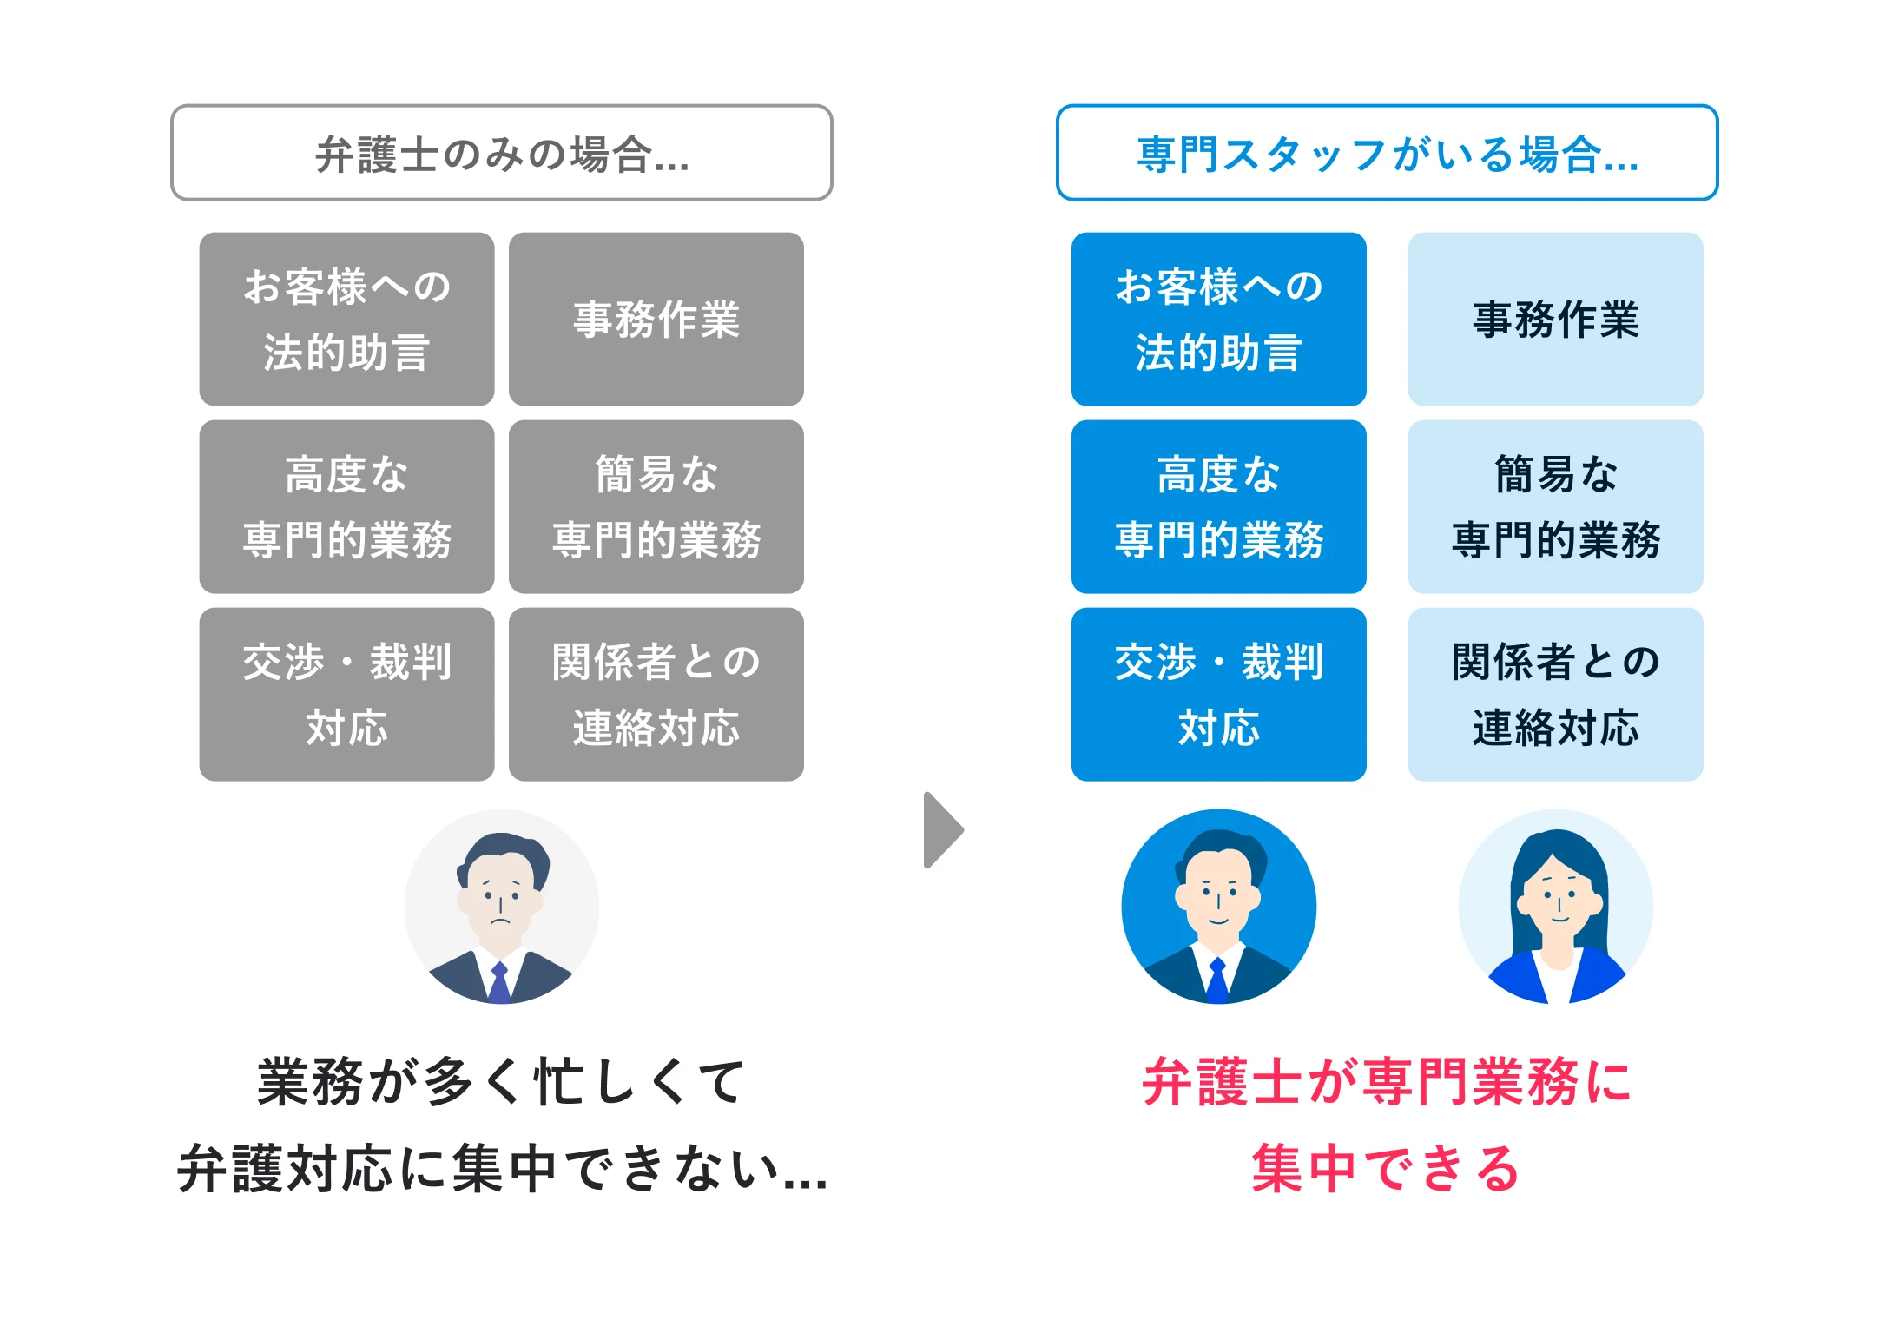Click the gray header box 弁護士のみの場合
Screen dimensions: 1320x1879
[x=502, y=153]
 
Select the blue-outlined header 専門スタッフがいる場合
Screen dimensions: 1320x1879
[x=1387, y=153]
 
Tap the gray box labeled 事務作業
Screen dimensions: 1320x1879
[x=656, y=319]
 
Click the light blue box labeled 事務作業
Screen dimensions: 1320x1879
[x=1555, y=319]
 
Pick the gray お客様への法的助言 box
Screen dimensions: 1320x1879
[x=346, y=319]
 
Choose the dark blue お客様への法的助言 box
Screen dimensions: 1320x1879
[x=1218, y=319]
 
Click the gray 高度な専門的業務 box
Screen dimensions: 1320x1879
[x=346, y=506]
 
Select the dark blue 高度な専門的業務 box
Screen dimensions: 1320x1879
[x=1218, y=506]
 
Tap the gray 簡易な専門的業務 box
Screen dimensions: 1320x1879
[x=656, y=506]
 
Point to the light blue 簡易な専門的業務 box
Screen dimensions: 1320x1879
[x=1555, y=506]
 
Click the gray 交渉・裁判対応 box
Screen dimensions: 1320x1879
[x=346, y=694]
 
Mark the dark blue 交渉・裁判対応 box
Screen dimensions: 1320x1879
[x=1218, y=694]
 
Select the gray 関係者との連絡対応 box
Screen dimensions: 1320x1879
[x=656, y=694]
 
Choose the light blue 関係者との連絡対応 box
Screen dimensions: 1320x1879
[x=1555, y=694]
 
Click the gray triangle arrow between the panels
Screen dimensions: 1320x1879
[x=942, y=829]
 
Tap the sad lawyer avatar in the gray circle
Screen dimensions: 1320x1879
[x=502, y=907]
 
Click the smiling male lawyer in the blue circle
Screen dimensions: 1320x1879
[x=1218, y=907]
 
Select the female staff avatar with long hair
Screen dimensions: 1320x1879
[x=1555, y=907]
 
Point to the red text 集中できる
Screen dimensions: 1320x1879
[x=1386, y=1168]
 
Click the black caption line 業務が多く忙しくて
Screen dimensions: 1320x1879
[x=502, y=1082]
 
